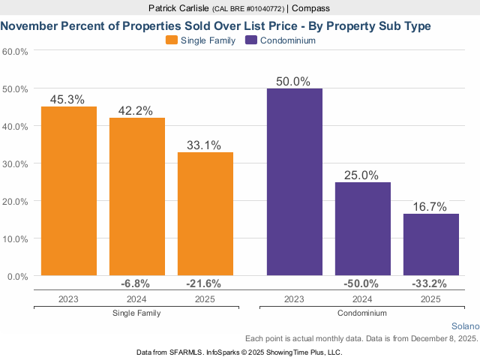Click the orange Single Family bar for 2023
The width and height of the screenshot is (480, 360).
pos(69,191)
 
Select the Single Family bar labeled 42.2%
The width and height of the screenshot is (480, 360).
pos(137,196)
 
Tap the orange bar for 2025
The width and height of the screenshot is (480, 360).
pos(205,214)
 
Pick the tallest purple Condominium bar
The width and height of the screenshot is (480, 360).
pos(295,182)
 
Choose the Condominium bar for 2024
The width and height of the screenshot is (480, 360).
pos(363,229)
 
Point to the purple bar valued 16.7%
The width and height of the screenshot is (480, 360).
pos(431,244)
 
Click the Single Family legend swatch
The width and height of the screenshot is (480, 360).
pos(171,40)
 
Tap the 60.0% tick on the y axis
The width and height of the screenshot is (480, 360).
pos(16,52)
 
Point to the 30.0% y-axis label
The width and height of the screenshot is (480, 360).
pos(16,163)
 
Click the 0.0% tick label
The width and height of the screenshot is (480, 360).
pos(18,276)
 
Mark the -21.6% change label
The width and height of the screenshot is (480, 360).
pos(204,283)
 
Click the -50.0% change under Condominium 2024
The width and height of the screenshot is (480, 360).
pos(361,283)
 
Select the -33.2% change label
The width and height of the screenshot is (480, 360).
pos(430,283)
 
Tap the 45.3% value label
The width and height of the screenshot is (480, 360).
pos(67,99)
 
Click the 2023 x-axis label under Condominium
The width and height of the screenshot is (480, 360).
pos(295,298)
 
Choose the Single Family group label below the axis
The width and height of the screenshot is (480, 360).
pos(136,313)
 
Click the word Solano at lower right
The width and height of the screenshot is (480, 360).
pos(465,326)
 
